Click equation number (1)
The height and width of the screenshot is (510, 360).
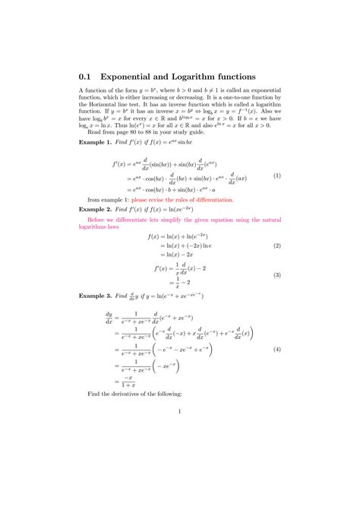tap(277, 176)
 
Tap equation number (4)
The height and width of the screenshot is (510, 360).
tap(277, 349)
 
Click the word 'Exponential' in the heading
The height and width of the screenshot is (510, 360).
tap(132, 77)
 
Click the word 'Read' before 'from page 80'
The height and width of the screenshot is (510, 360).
tap(96, 131)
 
